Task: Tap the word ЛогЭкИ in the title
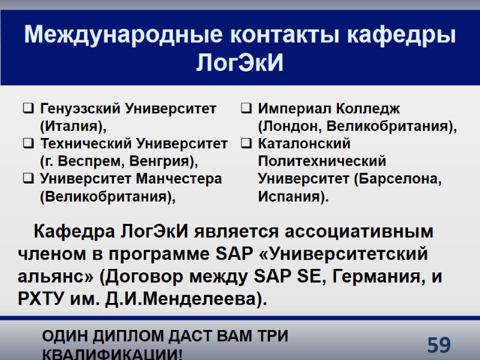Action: coord(239,62)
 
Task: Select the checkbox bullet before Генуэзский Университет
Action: coord(28,110)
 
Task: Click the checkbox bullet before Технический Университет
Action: coord(28,145)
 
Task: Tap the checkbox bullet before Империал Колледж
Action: coord(246,110)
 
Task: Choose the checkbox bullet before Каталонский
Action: coord(246,145)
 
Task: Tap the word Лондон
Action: coord(287,127)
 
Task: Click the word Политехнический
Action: coord(322,162)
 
